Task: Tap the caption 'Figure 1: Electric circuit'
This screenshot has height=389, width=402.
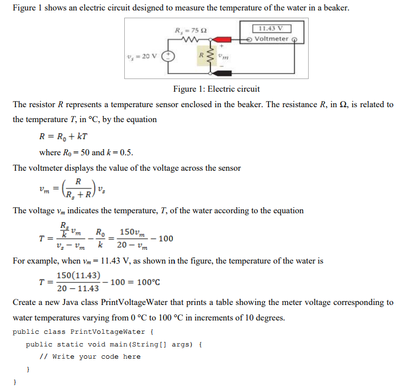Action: [216, 89]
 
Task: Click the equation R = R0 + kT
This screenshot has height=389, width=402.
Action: [66, 136]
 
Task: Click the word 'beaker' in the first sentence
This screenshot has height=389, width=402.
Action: [334, 9]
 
